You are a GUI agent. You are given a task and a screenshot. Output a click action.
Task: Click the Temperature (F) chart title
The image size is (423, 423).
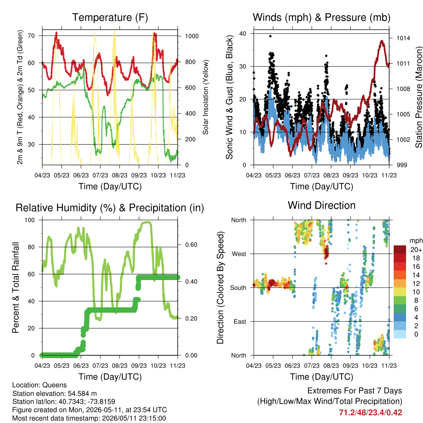coord(110,17)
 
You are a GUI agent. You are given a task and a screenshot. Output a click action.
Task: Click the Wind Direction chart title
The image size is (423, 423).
coord(321,205)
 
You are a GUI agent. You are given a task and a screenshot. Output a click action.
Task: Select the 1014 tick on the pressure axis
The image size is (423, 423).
coord(403,38)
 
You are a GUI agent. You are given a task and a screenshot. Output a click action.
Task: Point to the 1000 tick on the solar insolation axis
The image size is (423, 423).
coord(192,36)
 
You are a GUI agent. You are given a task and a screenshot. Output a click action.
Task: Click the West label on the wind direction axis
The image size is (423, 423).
coord(239,254)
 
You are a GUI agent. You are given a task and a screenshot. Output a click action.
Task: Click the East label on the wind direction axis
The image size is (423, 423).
coord(240,321)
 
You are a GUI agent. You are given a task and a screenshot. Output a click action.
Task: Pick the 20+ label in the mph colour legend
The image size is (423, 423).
coord(416,250)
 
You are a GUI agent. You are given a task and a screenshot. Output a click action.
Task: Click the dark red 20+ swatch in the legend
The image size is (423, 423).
coord(400,250)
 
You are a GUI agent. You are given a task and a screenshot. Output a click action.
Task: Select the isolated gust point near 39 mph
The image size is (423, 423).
coord(270,36)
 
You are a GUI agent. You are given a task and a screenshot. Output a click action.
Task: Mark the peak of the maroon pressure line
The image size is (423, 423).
coord(382,41)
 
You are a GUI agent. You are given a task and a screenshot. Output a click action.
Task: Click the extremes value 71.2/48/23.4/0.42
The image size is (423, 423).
coord(371,413)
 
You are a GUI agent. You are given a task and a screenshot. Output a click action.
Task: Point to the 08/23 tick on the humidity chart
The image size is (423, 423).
coord(119,366)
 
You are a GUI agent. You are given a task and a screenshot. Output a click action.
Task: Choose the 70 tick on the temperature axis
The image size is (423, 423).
coord(31,36)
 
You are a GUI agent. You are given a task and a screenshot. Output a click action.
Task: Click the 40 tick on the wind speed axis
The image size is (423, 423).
coord(242,33)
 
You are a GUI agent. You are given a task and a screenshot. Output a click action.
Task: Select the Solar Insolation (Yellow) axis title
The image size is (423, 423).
coord(206,97)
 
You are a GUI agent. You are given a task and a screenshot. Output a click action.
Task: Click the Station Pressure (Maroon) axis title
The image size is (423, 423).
coord(419,97)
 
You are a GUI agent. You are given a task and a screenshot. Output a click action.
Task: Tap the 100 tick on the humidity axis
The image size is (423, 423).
coord(30,220)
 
